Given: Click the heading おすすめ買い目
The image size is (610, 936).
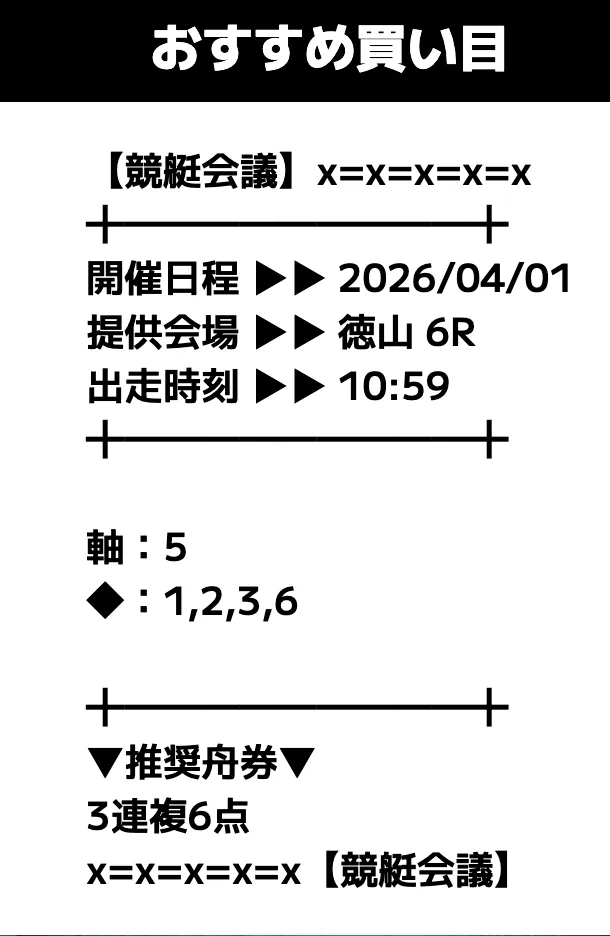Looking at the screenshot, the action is (328, 49).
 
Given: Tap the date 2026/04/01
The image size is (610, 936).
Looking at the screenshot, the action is (455, 279).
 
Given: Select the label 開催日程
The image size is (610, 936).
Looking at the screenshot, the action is (163, 279).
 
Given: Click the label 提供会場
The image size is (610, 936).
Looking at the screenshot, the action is (163, 332).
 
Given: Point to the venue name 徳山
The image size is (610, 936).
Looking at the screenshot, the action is (375, 332).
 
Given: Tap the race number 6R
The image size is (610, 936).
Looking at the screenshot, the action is (451, 333).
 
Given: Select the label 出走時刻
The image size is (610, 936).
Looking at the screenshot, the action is (163, 386).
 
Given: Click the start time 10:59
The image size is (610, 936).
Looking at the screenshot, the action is (394, 386).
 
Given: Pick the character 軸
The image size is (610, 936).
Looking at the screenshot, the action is (106, 547).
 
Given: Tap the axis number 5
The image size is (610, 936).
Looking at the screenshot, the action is (175, 547).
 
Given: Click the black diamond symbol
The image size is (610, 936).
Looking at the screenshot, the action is (106, 601).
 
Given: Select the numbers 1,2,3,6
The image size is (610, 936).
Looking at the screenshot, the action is (231, 602).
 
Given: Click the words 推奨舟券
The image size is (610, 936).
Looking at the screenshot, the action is (201, 763).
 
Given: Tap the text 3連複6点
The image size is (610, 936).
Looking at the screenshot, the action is (168, 816).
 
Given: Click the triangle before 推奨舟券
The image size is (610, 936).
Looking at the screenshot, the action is (106, 763).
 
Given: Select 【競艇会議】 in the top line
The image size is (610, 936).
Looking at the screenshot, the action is (201, 171).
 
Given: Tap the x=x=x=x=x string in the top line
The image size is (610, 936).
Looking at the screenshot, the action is (424, 175).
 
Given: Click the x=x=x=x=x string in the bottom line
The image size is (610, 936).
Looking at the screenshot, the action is (193, 874).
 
